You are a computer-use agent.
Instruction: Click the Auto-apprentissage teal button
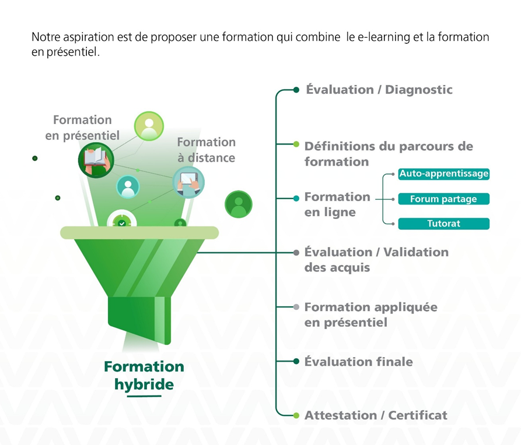click(443, 174)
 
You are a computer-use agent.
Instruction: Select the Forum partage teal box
click(443, 199)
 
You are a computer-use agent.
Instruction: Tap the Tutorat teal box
click(443, 224)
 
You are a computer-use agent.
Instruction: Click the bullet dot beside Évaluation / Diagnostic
click(296, 90)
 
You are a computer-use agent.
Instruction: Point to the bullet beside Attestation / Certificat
click(296, 415)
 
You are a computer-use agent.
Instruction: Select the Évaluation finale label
click(358, 362)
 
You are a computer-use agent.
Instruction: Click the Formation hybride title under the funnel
click(144, 376)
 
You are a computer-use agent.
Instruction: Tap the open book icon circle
click(95, 159)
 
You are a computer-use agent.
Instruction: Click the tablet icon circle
click(188, 182)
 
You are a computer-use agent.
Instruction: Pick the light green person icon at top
click(149, 126)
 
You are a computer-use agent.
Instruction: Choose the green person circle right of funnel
click(238, 204)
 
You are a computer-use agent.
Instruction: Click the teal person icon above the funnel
click(128, 187)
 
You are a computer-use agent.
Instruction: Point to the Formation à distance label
click(206, 150)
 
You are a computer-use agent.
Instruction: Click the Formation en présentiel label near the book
click(82, 128)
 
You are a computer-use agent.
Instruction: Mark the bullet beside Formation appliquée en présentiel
click(296, 307)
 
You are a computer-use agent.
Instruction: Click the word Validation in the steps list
click(415, 252)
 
